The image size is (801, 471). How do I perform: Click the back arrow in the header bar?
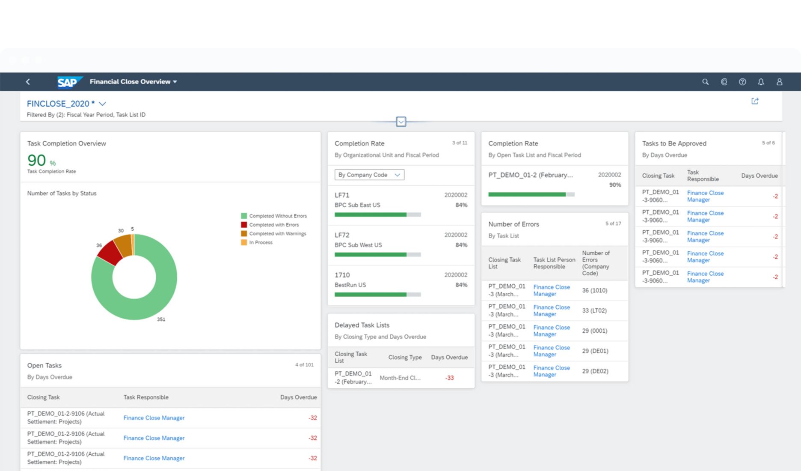(28, 82)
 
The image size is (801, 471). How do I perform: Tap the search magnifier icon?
(705, 82)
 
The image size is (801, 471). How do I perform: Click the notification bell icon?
(761, 82)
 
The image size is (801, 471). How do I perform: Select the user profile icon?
(779, 82)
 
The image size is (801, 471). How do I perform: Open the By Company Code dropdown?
(369, 175)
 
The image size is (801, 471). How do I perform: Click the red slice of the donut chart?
(111, 253)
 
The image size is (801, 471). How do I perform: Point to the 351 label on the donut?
(161, 319)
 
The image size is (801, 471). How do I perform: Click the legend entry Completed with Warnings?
(277, 234)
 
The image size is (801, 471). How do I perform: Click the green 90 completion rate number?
(37, 161)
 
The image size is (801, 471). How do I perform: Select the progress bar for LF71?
(377, 215)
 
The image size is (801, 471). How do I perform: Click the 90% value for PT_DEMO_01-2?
(615, 185)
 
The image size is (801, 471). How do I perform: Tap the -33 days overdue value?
(449, 378)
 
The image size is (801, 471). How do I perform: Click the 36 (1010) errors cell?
(594, 290)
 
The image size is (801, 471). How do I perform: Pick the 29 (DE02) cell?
(595, 371)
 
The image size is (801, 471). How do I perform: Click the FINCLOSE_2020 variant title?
(58, 104)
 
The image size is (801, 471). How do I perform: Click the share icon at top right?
(755, 101)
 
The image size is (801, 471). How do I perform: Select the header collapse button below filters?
(401, 122)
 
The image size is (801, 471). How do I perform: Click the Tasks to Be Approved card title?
(674, 143)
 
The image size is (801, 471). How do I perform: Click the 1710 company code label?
(342, 275)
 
